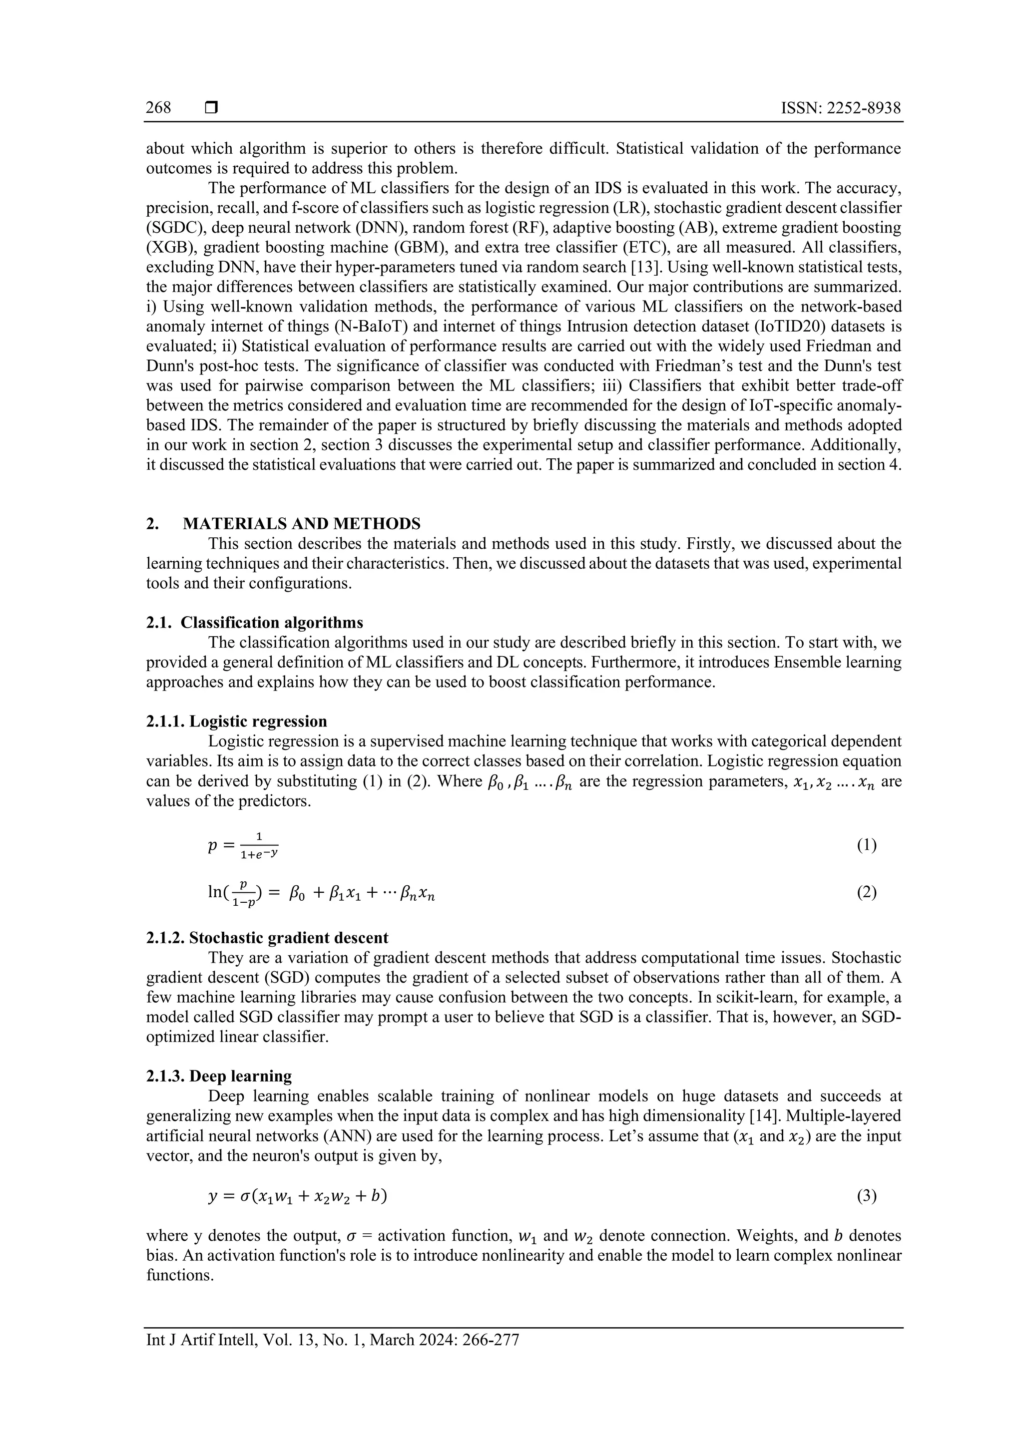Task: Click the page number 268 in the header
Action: [158, 108]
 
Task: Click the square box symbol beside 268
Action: [211, 108]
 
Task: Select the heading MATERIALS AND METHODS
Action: [301, 524]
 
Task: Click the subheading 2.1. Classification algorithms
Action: [254, 623]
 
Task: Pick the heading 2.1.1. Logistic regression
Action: [236, 722]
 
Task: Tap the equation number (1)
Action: [866, 845]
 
